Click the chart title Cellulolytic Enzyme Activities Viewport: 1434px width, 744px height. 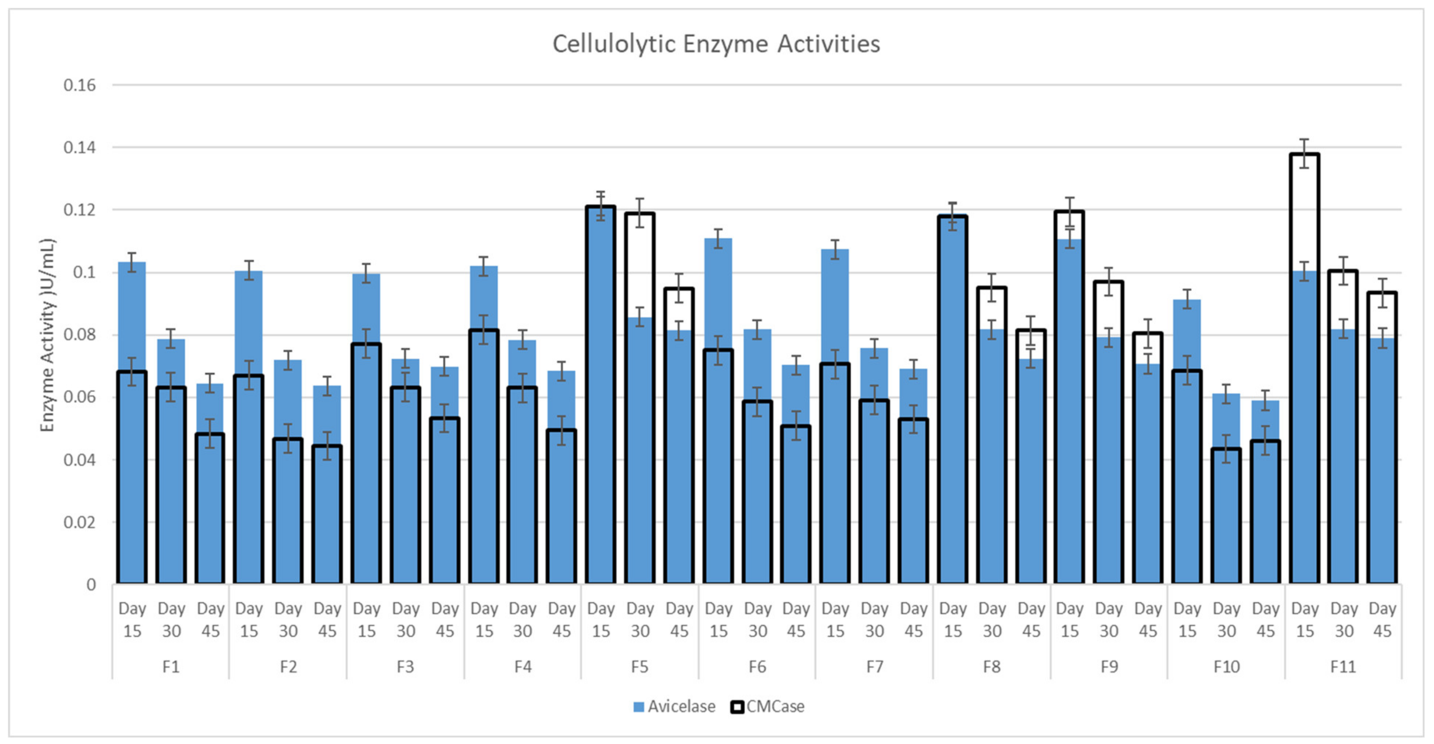pos(716,44)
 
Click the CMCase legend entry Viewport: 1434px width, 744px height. pos(768,706)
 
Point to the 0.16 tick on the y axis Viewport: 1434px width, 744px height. pos(79,85)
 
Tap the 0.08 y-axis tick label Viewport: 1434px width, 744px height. pos(79,335)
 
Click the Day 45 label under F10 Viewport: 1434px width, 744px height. pos(1265,620)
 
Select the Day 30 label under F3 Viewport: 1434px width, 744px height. pos(405,620)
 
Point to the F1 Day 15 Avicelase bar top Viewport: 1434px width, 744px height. pos(132,263)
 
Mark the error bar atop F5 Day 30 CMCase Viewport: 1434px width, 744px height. pos(640,213)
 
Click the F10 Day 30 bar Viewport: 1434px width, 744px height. pos(1226,501)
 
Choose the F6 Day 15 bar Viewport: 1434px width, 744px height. pos(718,445)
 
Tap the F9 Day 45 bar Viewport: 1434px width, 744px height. pos(1148,473)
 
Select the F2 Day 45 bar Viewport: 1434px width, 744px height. pos(327,501)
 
